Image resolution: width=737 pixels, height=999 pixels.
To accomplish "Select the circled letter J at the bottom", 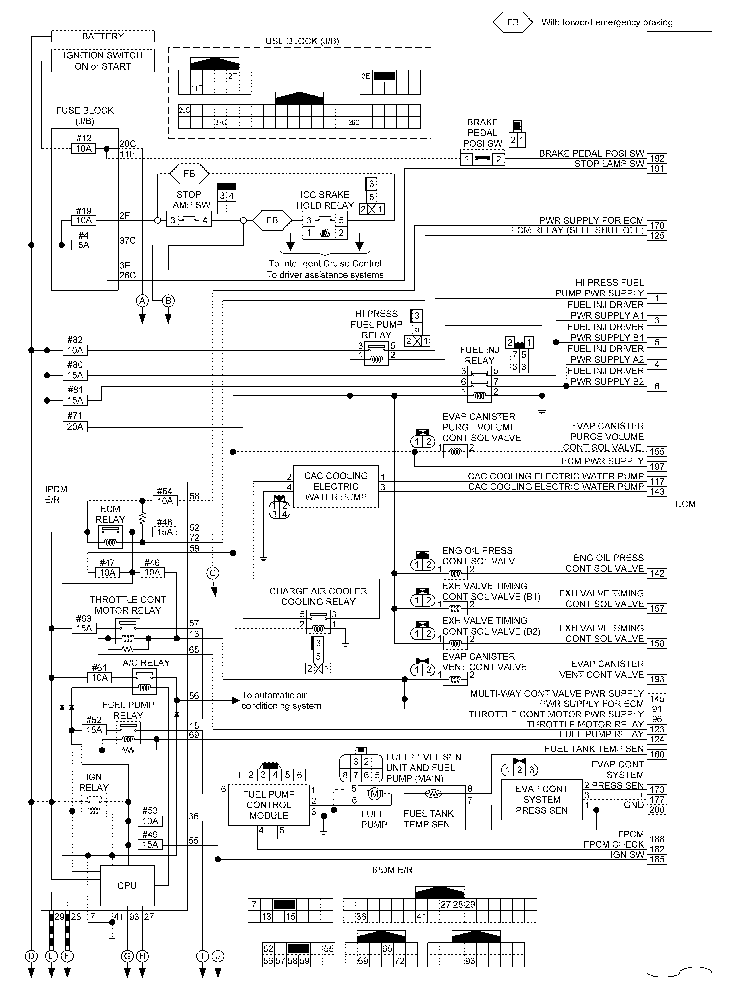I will point(218,956).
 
